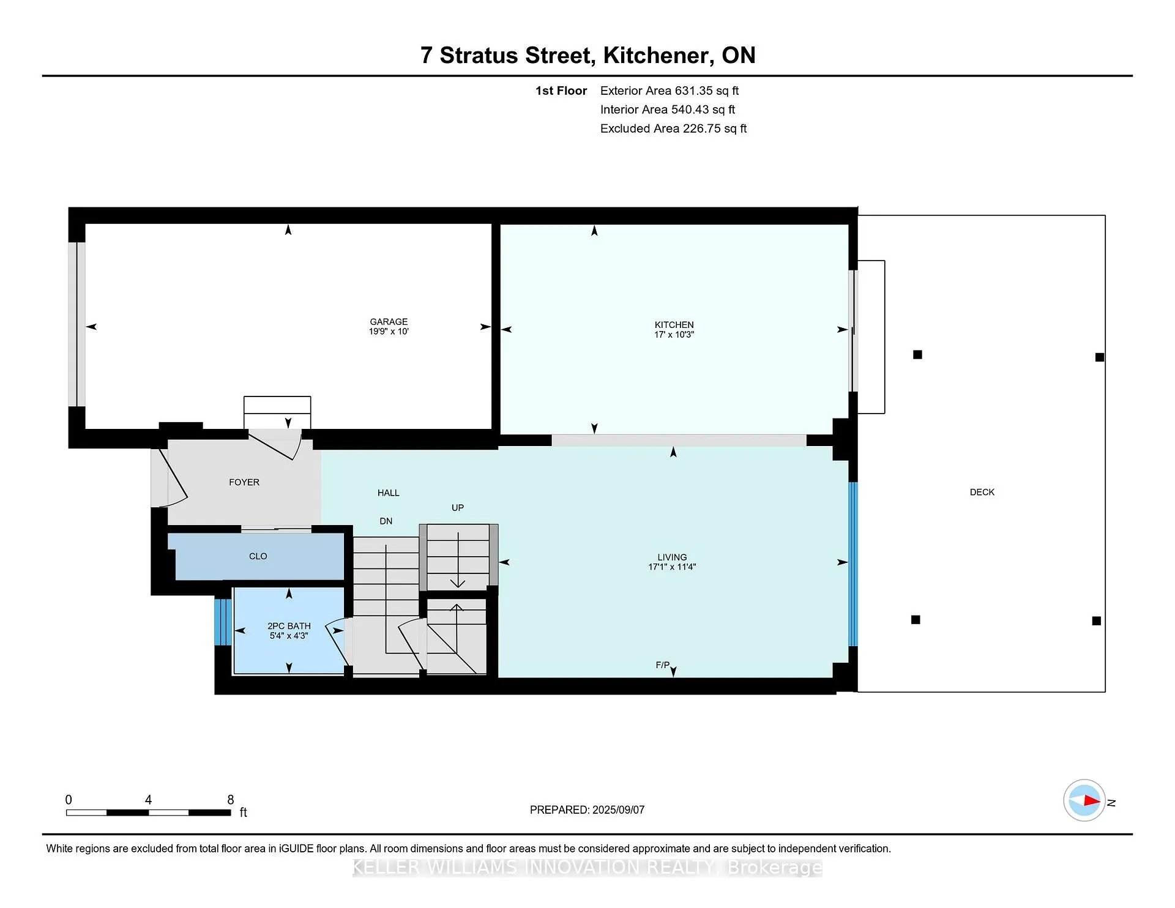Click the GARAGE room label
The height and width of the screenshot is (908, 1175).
[x=389, y=322]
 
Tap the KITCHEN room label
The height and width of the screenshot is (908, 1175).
[x=674, y=325]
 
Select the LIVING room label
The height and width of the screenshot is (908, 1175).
[x=672, y=557]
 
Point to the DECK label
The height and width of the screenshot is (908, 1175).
[x=982, y=492]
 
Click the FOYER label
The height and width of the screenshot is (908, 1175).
[x=244, y=482]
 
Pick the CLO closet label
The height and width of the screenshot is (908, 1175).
[x=258, y=556]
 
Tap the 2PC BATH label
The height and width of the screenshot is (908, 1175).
[x=289, y=626]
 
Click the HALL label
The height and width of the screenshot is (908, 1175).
[x=389, y=493]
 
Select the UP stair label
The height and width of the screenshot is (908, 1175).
[x=458, y=508]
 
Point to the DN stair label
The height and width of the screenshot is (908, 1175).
[x=386, y=521]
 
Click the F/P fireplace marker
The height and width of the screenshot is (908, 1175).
[x=663, y=665]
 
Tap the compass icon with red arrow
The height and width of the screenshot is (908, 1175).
[x=1084, y=800]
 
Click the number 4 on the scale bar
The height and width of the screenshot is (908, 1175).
[x=148, y=800]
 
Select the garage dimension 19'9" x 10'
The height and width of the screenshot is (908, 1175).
[x=389, y=332]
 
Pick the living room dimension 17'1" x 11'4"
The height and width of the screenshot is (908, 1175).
[x=672, y=567]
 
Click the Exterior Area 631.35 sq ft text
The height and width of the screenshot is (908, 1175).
[x=670, y=91]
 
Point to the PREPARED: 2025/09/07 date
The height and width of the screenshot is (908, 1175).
[x=587, y=809]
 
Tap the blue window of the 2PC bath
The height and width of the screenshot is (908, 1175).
[x=223, y=622]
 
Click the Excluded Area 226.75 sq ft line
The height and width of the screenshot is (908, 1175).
[x=673, y=128]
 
